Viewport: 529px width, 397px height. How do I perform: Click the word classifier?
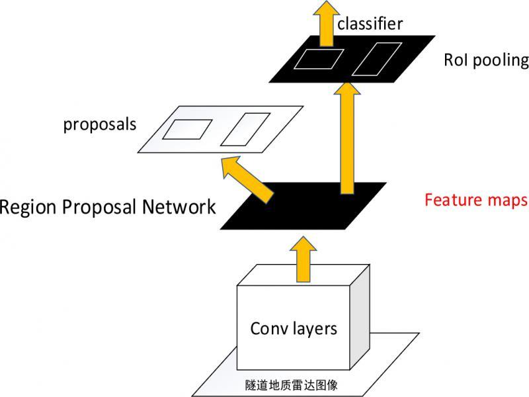tap(370, 24)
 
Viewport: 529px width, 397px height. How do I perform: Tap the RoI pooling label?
tap(487, 61)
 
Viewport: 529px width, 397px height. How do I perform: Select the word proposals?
tap(100, 124)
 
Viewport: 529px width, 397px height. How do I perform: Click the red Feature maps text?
tap(476, 199)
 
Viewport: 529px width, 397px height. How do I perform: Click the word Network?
tap(179, 207)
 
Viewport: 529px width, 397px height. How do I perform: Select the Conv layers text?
tap(294, 328)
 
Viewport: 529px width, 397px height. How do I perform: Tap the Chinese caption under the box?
tap(301, 383)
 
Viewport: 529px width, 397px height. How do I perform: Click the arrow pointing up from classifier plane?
tap(326, 20)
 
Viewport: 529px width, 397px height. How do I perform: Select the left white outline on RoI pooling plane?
tap(319, 59)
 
